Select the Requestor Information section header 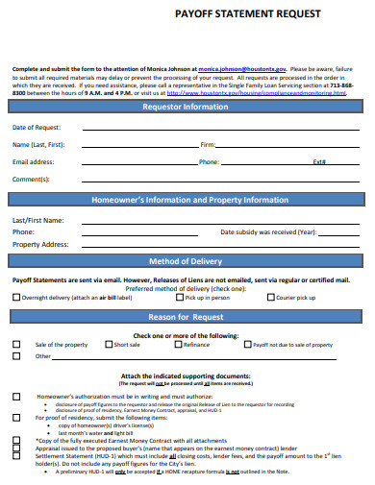pos(187,108)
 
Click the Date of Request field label pos(37,128)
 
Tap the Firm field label pos(207,145)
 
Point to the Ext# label pos(319,162)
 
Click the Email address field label pos(33,162)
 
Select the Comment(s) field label pos(31,180)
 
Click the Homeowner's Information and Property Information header pos(187,200)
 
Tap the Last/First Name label pos(37,220)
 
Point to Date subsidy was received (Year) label pos(268,232)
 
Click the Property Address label pos(40,245)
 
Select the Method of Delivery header pos(187,261)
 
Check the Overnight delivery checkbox pos(16,298)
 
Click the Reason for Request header pos(187,316)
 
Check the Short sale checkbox pos(109,344)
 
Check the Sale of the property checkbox pos(15,344)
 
